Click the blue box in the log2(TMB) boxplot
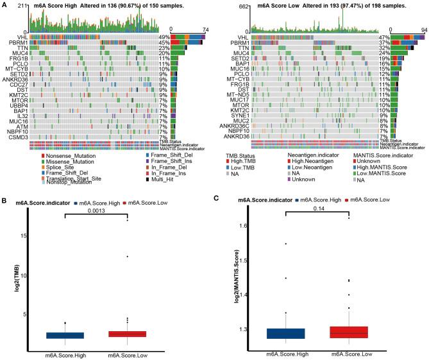(65, 335)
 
